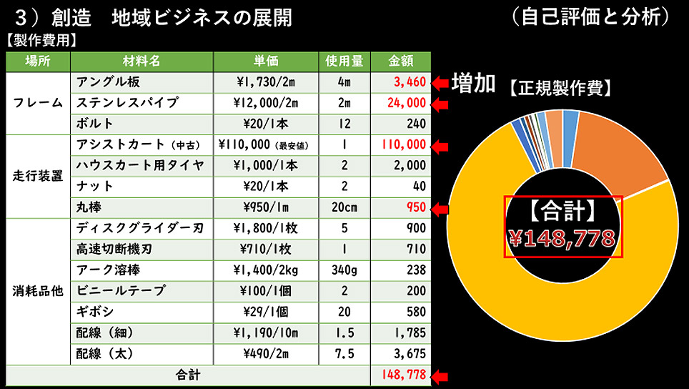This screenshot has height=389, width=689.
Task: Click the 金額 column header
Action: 400,60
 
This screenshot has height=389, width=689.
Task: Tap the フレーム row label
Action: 38,102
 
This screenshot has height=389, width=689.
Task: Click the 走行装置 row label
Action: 38,176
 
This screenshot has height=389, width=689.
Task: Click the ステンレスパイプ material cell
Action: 127,102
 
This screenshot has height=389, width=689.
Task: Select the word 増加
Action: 473,83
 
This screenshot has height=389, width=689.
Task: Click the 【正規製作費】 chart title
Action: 560,88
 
